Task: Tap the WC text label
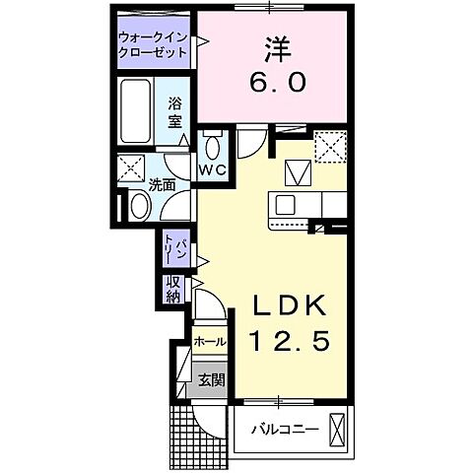pyautogui.click(x=214, y=170)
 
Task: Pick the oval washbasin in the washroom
pyautogui.click(x=139, y=206)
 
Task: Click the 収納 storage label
pyautogui.click(x=173, y=289)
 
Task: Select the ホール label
pyautogui.click(x=208, y=341)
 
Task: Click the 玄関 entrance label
pyautogui.click(x=208, y=378)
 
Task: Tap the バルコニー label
pyautogui.click(x=283, y=431)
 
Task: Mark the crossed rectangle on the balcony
pyautogui.click(x=339, y=431)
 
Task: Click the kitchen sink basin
pyautogui.click(x=286, y=205)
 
